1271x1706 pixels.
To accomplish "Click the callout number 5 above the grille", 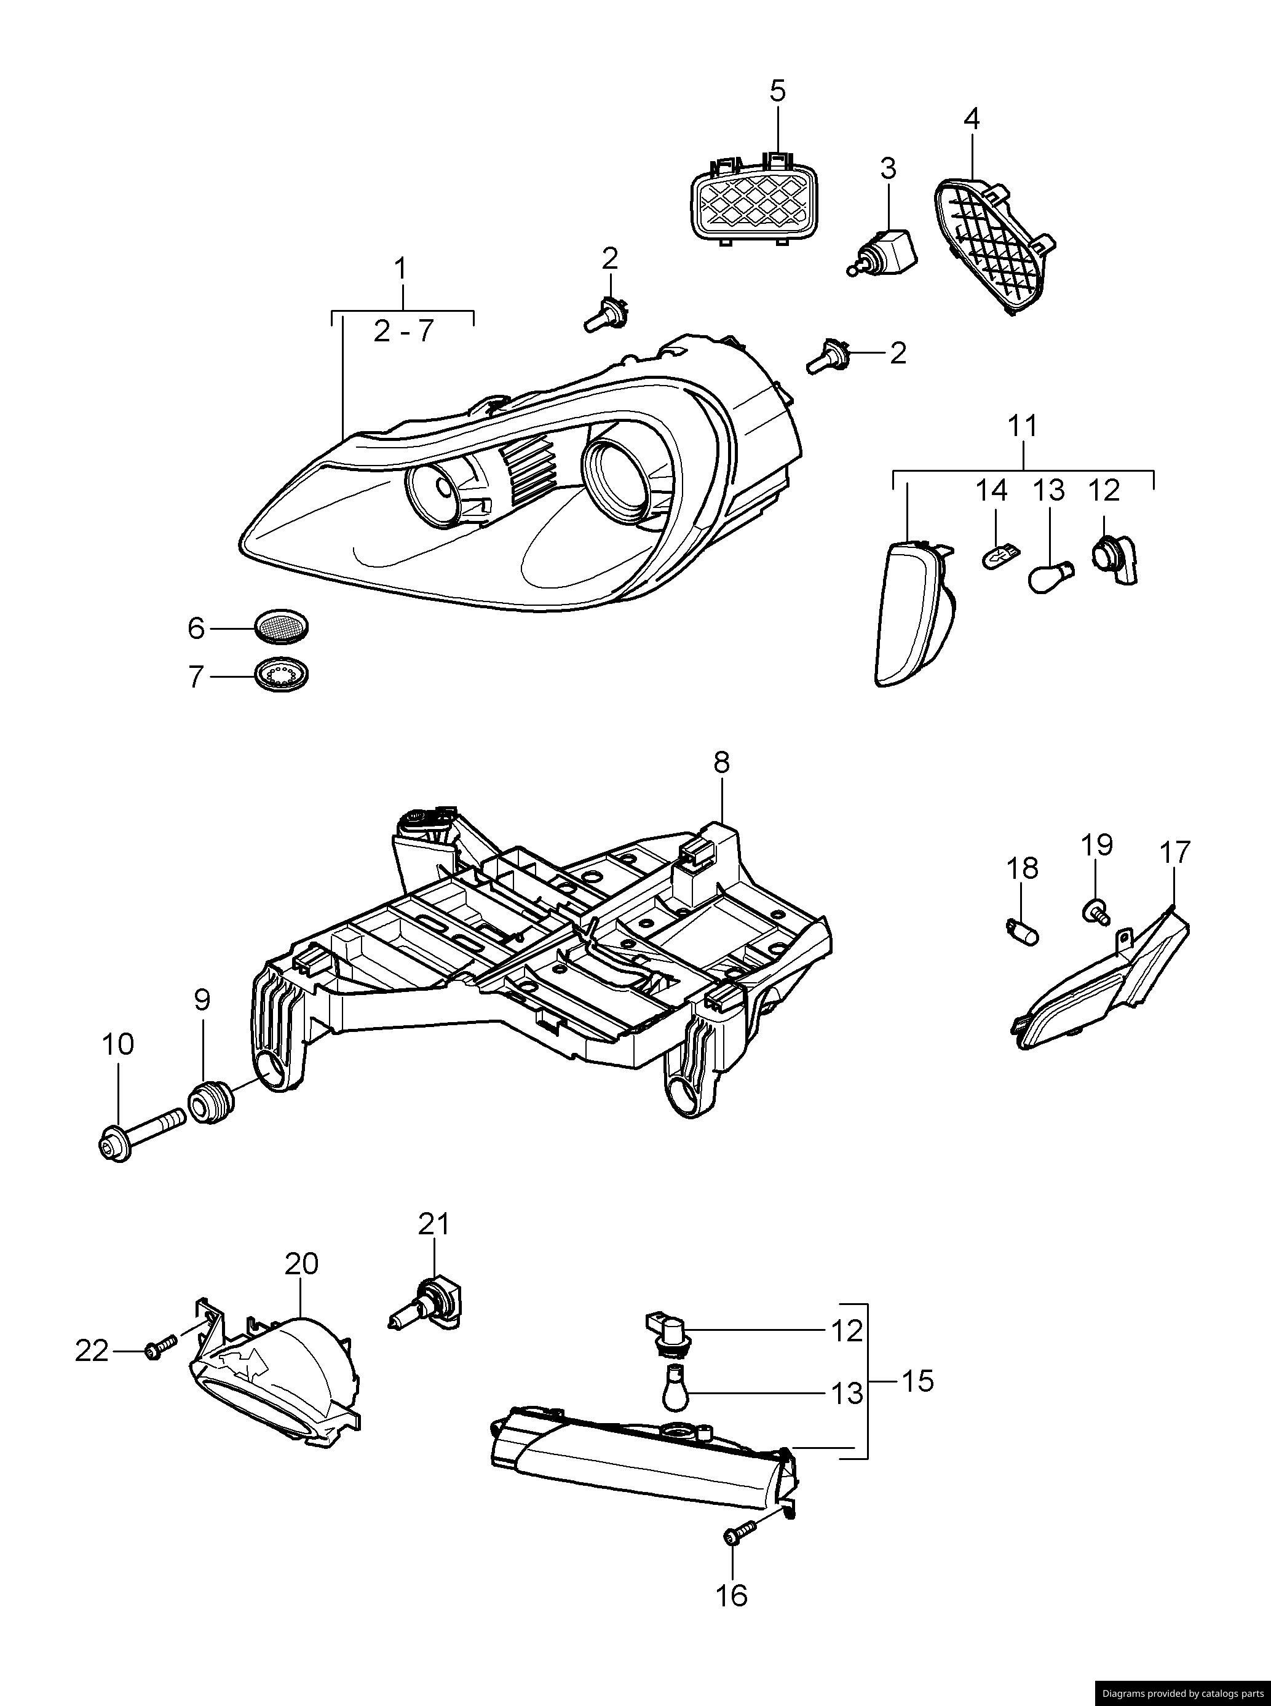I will point(778,92).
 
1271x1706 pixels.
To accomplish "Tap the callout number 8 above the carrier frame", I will point(721,763).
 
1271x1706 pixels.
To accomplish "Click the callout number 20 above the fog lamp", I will point(301,1264).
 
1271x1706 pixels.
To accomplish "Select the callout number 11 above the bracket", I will point(1023,426).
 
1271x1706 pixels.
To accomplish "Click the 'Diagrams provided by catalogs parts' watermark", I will point(1182,1693).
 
